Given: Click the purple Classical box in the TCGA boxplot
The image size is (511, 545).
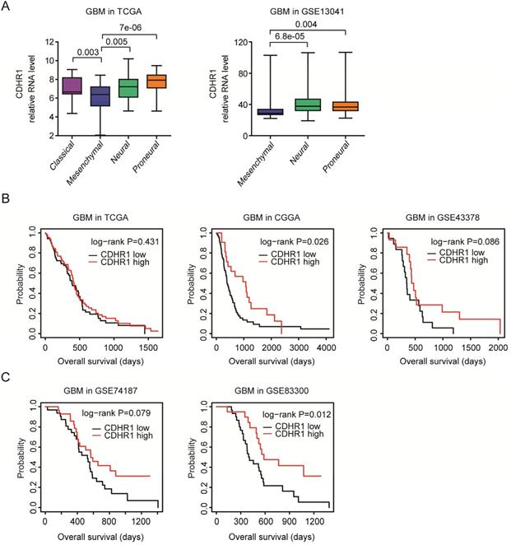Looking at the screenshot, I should [72, 85].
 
